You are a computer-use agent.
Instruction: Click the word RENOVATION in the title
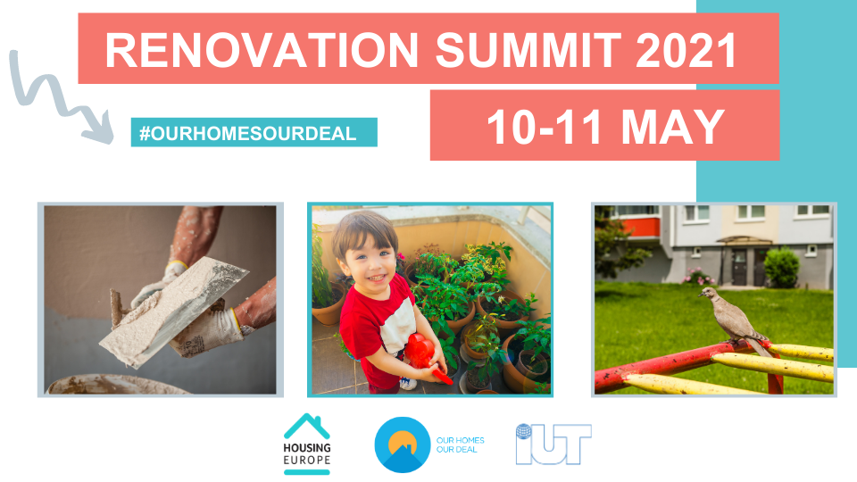coord(262,50)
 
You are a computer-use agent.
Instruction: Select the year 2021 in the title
coord(687,50)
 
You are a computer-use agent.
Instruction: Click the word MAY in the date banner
coord(673,127)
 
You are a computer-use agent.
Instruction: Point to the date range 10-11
coord(544,127)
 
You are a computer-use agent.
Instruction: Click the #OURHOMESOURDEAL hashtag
coord(247,133)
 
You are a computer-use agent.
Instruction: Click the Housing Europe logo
coord(307,444)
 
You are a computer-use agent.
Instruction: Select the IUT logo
coord(553,444)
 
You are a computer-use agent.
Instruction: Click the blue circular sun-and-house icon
coord(403,445)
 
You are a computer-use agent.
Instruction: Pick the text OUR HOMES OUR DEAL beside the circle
coord(461,445)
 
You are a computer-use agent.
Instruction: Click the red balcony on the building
coord(641,227)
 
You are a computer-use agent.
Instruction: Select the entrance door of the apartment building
coord(739,268)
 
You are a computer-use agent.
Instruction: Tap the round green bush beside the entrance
coord(782,268)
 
